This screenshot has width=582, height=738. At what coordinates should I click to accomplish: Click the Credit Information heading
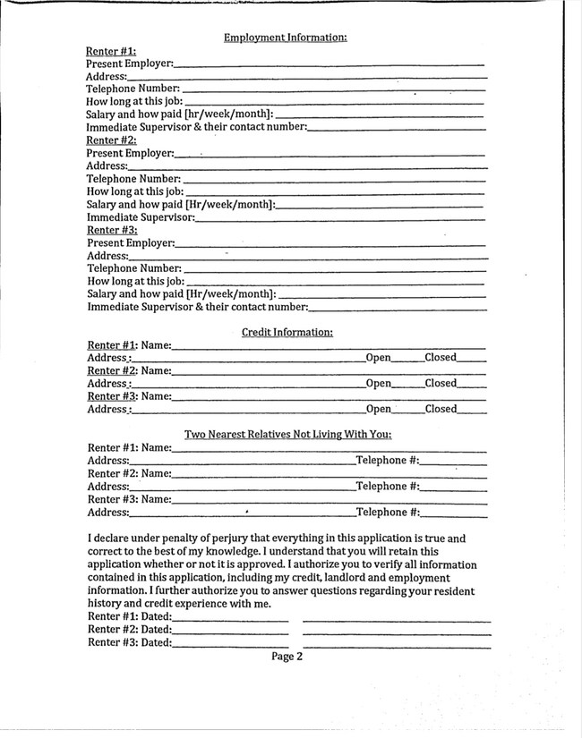point(287,333)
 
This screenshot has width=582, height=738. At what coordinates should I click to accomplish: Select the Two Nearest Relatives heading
point(287,435)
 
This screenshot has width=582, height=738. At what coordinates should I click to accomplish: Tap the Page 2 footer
point(287,657)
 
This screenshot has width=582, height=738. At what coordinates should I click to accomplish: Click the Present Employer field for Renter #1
point(330,64)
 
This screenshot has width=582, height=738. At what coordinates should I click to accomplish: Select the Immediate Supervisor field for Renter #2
point(340,217)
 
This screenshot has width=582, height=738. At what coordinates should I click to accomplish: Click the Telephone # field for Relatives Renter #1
point(453,462)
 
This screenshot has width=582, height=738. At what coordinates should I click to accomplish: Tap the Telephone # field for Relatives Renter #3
point(453,513)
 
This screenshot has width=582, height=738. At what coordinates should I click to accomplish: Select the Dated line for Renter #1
point(230,618)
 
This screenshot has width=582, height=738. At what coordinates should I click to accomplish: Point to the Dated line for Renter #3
point(230,643)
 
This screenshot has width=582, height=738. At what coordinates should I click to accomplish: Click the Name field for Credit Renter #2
point(329,371)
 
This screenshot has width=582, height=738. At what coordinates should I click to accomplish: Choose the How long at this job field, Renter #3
point(334,282)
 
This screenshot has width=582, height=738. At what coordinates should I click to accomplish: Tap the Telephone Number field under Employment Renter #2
point(334,179)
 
